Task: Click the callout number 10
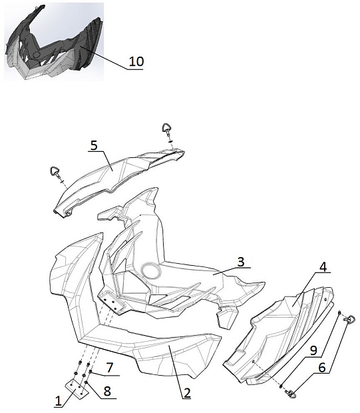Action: coord(136,61)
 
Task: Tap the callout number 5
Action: coord(94,145)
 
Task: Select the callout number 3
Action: coord(241,262)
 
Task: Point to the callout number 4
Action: coord(323,267)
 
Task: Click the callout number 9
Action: coord(313,351)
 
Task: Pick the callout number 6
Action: coord(322,368)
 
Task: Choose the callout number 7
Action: coord(110,368)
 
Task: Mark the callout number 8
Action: coord(107,391)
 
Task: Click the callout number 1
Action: coord(58,402)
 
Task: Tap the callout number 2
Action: coord(187,393)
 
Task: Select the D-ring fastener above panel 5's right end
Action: coord(167,130)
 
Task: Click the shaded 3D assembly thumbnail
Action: coord(54,41)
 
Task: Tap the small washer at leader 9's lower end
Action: coord(281,386)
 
